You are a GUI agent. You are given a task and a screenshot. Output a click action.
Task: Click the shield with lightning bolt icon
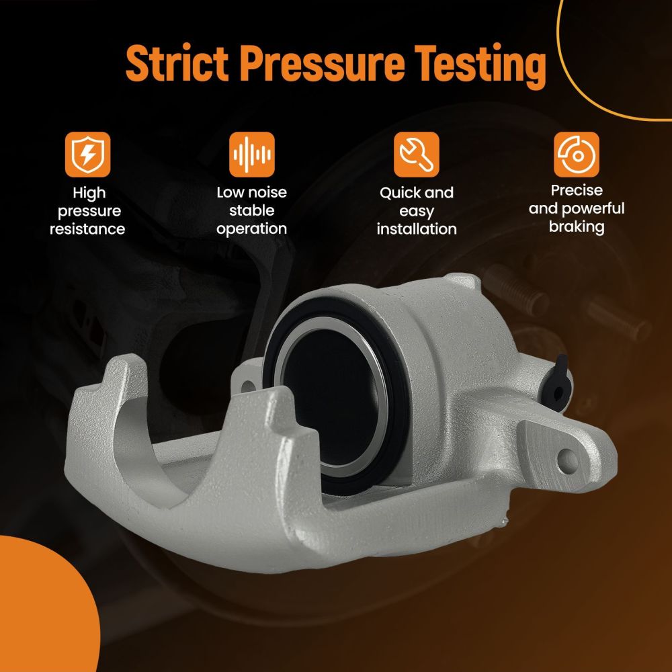(x=88, y=155)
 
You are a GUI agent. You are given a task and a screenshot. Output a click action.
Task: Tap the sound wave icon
(x=252, y=155)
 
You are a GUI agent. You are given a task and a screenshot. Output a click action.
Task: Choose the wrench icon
(x=417, y=155)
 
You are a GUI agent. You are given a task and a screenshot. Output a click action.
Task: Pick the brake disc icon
(x=577, y=155)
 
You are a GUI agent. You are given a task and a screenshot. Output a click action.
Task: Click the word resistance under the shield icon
(x=87, y=229)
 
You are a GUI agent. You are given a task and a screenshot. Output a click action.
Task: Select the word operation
(x=251, y=229)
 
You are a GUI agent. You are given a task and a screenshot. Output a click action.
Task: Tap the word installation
(x=417, y=229)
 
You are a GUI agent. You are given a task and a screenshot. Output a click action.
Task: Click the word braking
(x=577, y=226)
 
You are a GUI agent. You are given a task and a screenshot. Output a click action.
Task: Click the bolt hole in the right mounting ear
(x=567, y=461)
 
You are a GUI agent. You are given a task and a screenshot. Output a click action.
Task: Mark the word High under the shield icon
(x=89, y=194)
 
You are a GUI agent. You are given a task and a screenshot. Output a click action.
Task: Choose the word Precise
(x=577, y=190)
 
